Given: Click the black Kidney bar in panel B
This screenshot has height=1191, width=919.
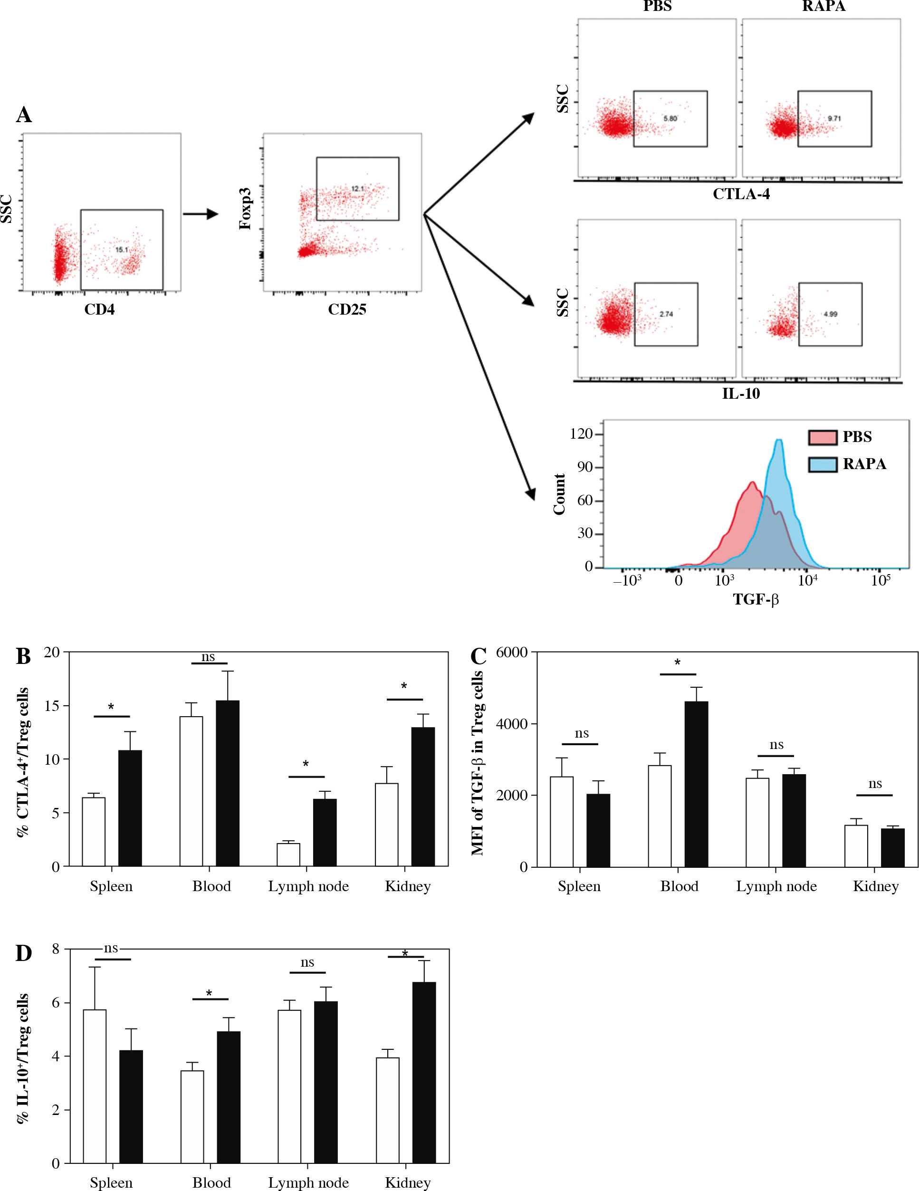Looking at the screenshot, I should [423, 796].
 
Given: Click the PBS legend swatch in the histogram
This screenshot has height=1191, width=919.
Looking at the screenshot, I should [822, 437].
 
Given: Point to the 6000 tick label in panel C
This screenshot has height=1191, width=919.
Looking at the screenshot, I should [512, 652].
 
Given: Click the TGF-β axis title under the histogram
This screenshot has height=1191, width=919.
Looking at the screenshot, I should [756, 600].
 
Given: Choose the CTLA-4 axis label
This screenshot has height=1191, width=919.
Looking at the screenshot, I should [741, 194].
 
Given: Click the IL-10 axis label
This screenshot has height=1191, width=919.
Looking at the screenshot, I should [741, 394].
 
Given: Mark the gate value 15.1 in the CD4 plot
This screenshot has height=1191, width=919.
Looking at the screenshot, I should [122, 250].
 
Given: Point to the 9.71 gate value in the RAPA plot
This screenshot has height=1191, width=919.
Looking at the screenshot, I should [834, 118].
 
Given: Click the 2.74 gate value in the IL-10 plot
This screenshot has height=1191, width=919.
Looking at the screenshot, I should [666, 314].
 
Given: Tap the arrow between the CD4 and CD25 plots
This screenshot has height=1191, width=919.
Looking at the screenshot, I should [200, 214].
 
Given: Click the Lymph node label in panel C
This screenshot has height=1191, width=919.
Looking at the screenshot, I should [776, 886].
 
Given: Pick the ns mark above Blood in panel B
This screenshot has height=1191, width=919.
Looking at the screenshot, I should [208, 657].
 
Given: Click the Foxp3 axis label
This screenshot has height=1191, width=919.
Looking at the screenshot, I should [245, 208].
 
